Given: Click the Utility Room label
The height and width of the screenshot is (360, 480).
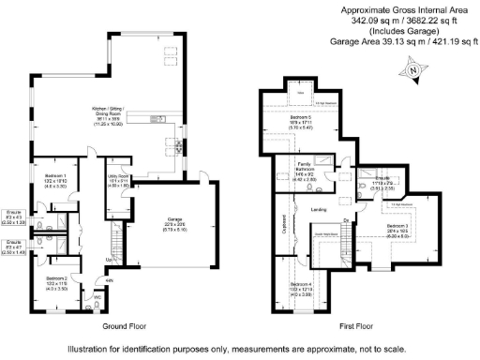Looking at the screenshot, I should point(117,175).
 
